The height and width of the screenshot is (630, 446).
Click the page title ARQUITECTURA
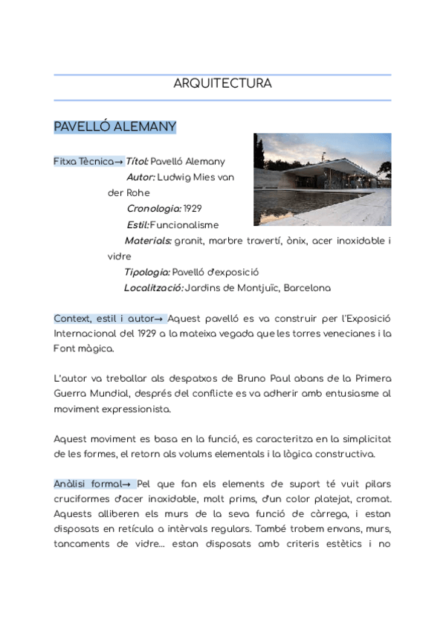(222, 84)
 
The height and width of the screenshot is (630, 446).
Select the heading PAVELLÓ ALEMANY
(114, 127)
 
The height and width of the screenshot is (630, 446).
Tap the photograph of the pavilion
(322, 179)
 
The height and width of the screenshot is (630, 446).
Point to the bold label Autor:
(140, 178)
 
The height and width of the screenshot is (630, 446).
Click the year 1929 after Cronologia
(192, 209)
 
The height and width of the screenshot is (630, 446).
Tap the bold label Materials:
(148, 241)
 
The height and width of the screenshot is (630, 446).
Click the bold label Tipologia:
(147, 272)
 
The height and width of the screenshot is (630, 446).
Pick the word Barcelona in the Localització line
(307, 288)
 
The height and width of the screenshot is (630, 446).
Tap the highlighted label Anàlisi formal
(91, 484)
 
